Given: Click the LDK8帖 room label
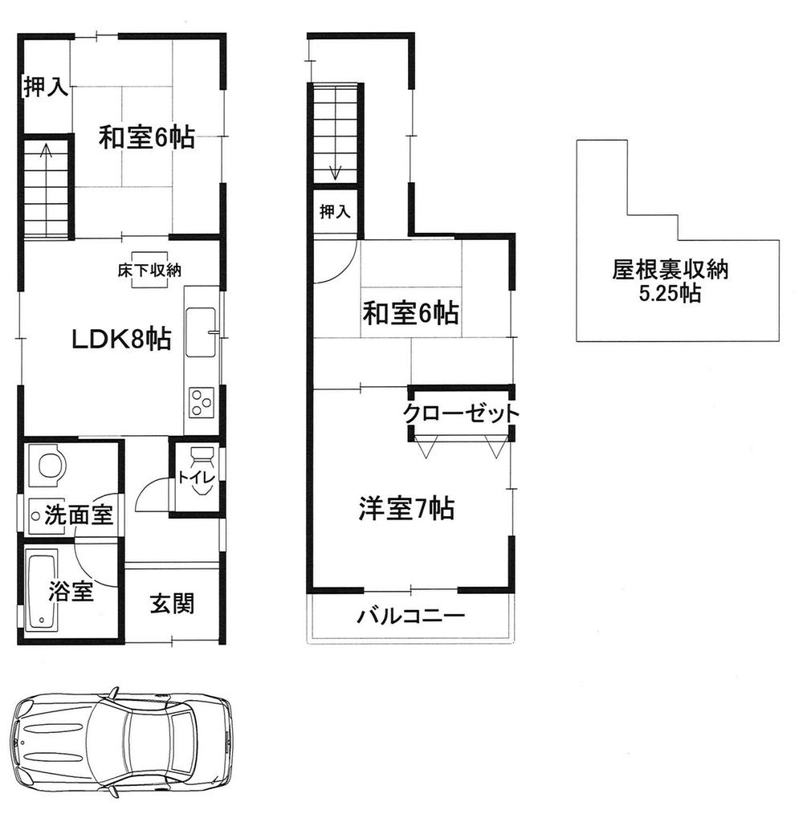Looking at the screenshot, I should tap(121, 340).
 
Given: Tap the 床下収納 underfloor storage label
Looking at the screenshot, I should tap(145, 271).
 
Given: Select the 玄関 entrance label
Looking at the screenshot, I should tap(172, 604).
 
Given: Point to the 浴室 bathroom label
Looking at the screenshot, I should tap(71, 593).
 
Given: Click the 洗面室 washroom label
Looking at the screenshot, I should tap(78, 514).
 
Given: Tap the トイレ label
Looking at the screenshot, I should tap(197, 478).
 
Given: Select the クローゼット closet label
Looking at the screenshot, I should tap(460, 414).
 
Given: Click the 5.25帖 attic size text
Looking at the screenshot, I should tap(670, 295).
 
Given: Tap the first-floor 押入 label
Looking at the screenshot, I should tap(44, 88).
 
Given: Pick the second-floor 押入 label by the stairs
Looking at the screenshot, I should tap(335, 212).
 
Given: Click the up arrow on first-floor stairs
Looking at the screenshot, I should tap(47, 150).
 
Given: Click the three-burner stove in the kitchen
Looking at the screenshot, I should tap(202, 401).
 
